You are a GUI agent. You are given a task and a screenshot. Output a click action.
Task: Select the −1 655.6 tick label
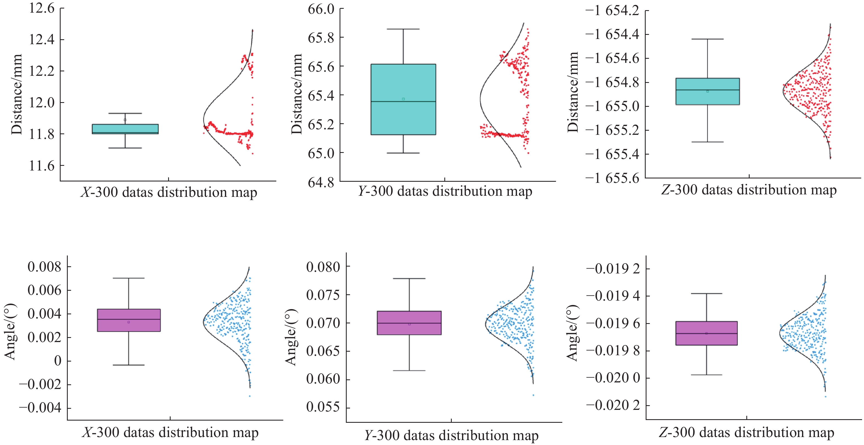click(x=612, y=178)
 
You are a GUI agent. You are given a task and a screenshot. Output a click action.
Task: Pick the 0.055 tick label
click(x=323, y=407)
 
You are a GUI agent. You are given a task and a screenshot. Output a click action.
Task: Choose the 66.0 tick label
click(x=321, y=9)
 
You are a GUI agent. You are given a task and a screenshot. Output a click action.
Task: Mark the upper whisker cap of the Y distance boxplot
click(x=403, y=29)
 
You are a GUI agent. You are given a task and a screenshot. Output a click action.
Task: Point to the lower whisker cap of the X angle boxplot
click(x=128, y=365)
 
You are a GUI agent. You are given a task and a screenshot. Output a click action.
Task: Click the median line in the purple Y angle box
click(x=409, y=323)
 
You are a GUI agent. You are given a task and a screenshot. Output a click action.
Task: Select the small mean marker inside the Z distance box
click(x=708, y=91)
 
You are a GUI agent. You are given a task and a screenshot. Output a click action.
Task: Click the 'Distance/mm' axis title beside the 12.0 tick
click(x=16, y=94)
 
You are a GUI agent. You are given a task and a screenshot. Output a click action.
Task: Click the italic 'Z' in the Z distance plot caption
click(x=665, y=190)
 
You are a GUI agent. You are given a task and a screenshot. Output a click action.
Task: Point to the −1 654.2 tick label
click(x=612, y=11)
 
